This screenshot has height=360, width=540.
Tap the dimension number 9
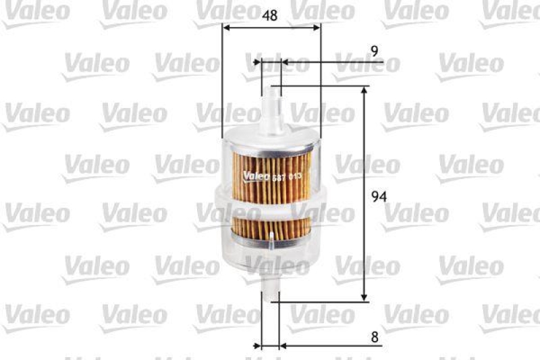[374, 50]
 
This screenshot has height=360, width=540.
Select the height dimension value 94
[380, 197]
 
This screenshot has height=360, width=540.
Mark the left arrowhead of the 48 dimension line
[226, 28]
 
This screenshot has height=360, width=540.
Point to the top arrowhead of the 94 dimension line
[365, 91]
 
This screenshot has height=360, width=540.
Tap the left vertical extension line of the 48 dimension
[222, 81]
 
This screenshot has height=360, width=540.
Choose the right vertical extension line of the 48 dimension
[321, 81]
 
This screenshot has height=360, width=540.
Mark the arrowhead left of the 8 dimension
[257, 346]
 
